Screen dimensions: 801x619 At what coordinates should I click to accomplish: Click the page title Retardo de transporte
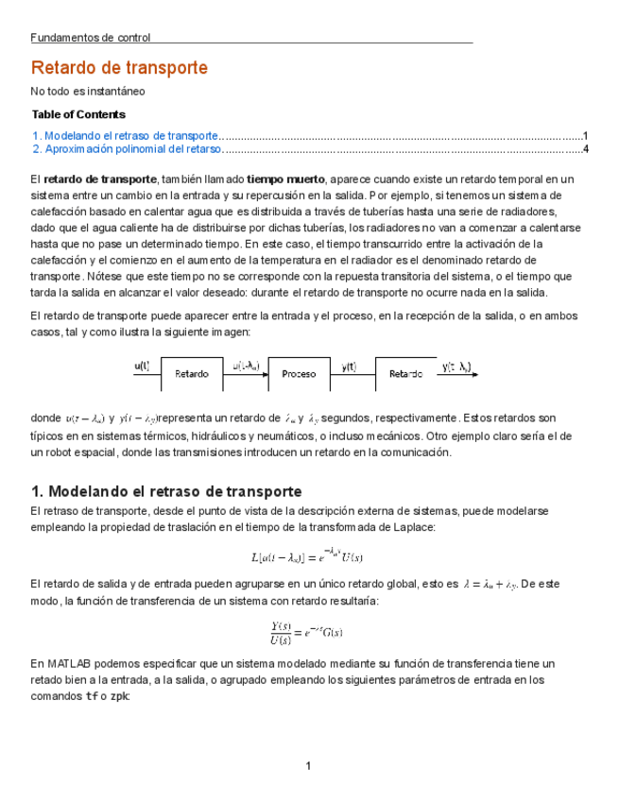click(x=119, y=68)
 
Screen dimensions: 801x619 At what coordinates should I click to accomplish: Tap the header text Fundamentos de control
click(x=91, y=38)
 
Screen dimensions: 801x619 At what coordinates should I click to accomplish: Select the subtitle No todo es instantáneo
click(x=88, y=92)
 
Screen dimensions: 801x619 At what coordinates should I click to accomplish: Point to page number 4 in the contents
click(x=586, y=148)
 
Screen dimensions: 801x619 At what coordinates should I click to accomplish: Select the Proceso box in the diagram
click(x=299, y=373)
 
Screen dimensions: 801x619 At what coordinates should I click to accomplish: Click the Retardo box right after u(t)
click(x=191, y=373)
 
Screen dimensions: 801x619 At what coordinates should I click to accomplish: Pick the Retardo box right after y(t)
click(x=405, y=373)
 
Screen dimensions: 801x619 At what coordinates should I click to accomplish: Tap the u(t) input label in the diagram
click(x=142, y=365)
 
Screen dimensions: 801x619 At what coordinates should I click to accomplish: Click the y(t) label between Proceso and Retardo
click(x=349, y=366)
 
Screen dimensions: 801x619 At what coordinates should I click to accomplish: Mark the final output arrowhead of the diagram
click(x=474, y=374)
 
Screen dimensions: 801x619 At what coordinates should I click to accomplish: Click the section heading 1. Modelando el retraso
click(x=166, y=491)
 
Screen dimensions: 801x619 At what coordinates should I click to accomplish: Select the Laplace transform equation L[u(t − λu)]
click(x=309, y=555)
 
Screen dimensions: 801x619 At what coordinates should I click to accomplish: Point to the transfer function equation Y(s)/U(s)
click(x=307, y=631)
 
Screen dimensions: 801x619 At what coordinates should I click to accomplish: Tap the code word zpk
click(x=119, y=696)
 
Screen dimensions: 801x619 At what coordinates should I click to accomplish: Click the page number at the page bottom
click(x=308, y=765)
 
